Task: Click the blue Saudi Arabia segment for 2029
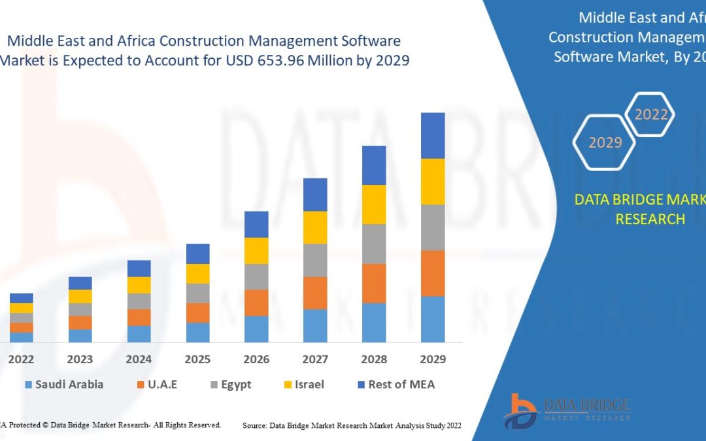pyautogui.click(x=433, y=319)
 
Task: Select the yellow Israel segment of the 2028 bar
pyautogui.click(x=374, y=204)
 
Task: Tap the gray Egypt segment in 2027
pyautogui.click(x=315, y=260)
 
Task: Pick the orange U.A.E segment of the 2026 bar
pyautogui.click(x=256, y=302)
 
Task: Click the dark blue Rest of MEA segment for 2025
pyautogui.click(x=197, y=253)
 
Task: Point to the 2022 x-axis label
pyautogui.click(x=21, y=359)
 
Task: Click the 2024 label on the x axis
pyautogui.click(x=139, y=359)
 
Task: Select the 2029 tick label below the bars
pyautogui.click(x=433, y=359)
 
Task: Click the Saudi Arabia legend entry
pyautogui.click(x=63, y=384)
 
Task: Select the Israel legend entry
pyautogui.click(x=302, y=384)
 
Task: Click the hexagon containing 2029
pyautogui.click(x=604, y=142)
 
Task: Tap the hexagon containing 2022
pyautogui.click(x=650, y=115)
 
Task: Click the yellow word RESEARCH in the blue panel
pyautogui.click(x=650, y=219)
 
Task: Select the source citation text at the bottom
pyautogui.click(x=352, y=425)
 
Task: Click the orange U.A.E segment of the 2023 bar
pyautogui.click(x=80, y=322)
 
